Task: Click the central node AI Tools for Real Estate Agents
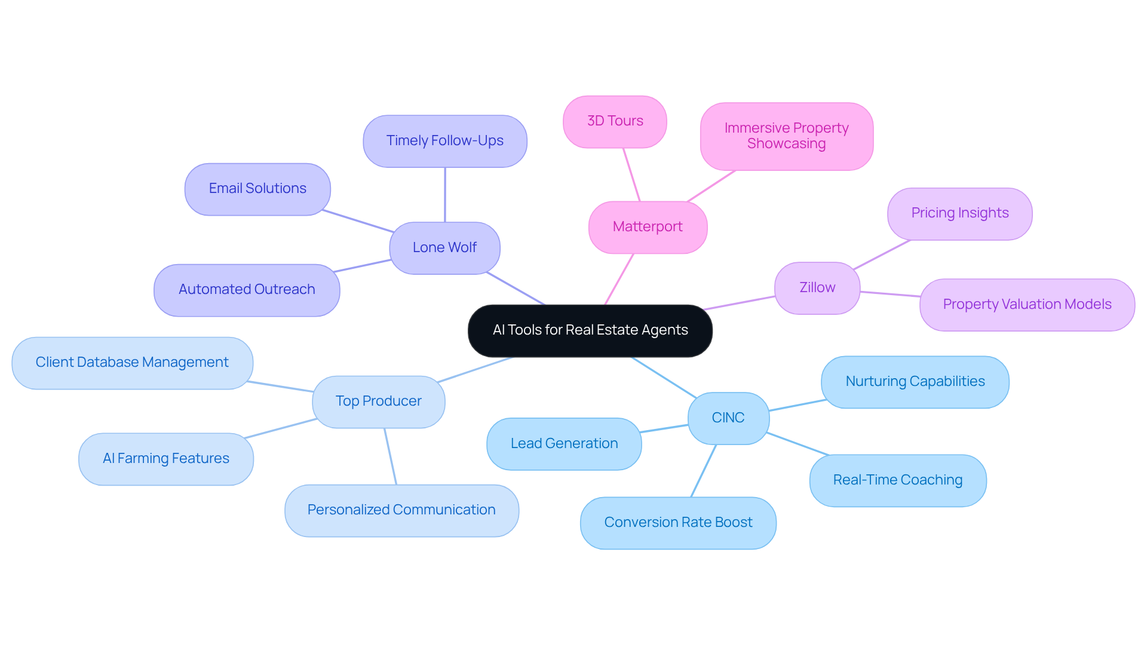pyautogui.click(x=590, y=330)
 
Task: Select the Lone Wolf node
pyautogui.click(x=444, y=248)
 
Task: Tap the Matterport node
pyautogui.click(x=648, y=227)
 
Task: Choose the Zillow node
pyautogui.click(x=817, y=288)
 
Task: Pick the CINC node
pyautogui.click(x=728, y=418)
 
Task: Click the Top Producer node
pyautogui.click(x=378, y=401)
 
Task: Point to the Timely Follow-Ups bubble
pyautogui.click(x=444, y=141)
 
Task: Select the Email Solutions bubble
pyautogui.click(x=257, y=189)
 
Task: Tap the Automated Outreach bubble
pyautogui.click(x=247, y=290)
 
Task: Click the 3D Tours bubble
pyautogui.click(x=615, y=121)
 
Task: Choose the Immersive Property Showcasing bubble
pyautogui.click(x=786, y=136)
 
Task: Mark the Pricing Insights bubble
pyautogui.click(x=959, y=213)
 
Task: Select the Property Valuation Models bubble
pyautogui.click(x=1026, y=305)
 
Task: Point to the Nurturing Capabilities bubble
pyautogui.click(x=915, y=382)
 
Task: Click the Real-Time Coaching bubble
pyautogui.click(x=897, y=480)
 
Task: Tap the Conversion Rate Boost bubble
pyautogui.click(x=678, y=523)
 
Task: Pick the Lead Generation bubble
pyautogui.click(x=564, y=444)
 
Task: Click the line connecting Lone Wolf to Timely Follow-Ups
pyautogui.click(x=444, y=195)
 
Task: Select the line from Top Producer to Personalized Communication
pyautogui.click(x=390, y=456)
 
